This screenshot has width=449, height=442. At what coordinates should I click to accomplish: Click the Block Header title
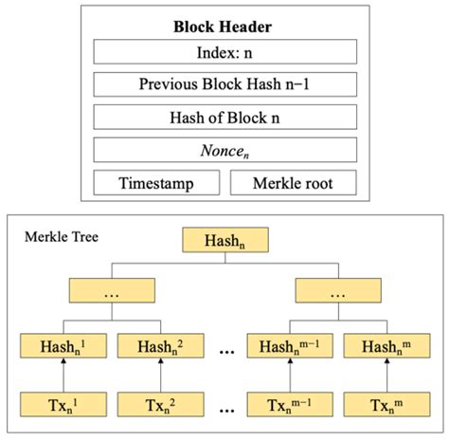pyautogui.click(x=224, y=27)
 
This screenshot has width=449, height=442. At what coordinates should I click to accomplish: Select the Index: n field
pyautogui.click(x=224, y=51)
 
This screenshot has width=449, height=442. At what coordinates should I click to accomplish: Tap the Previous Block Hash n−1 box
pyautogui.click(x=224, y=84)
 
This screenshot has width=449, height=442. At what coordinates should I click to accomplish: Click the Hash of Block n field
pyautogui.click(x=224, y=117)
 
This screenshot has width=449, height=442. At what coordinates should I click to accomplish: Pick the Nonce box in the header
pyautogui.click(x=224, y=150)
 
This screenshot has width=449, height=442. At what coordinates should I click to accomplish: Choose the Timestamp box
pyautogui.click(x=155, y=183)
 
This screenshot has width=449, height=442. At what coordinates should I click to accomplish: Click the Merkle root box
pyautogui.click(x=293, y=183)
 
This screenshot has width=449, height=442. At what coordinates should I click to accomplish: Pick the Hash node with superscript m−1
pyautogui.click(x=289, y=347)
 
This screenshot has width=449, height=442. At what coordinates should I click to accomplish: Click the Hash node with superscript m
pyautogui.click(x=381, y=347)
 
